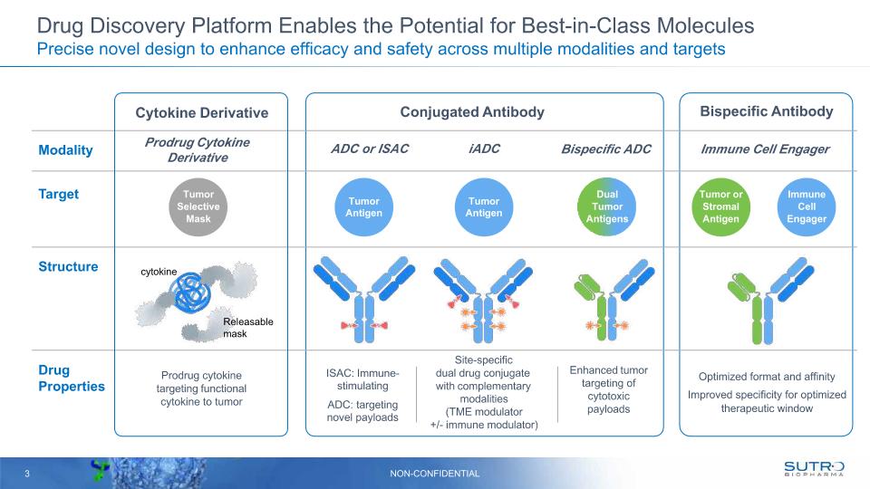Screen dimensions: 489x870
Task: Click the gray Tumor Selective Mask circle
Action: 198,206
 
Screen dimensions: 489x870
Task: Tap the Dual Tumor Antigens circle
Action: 606,206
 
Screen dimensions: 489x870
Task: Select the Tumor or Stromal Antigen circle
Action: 720,206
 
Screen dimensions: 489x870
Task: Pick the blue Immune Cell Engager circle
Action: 806,206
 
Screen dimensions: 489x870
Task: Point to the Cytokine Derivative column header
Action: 202,113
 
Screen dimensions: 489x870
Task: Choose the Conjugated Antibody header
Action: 472,112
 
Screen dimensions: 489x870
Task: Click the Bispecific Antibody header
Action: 766,112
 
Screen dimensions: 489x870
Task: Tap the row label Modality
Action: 65,150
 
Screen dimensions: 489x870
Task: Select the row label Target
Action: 58,194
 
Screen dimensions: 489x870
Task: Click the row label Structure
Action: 68,267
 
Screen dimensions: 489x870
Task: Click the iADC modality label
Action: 484,149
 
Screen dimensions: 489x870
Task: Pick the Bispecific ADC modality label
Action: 606,149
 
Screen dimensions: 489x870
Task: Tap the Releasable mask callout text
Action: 247,328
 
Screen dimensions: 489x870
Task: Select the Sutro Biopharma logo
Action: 813,469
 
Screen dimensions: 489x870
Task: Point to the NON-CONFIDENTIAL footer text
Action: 435,474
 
